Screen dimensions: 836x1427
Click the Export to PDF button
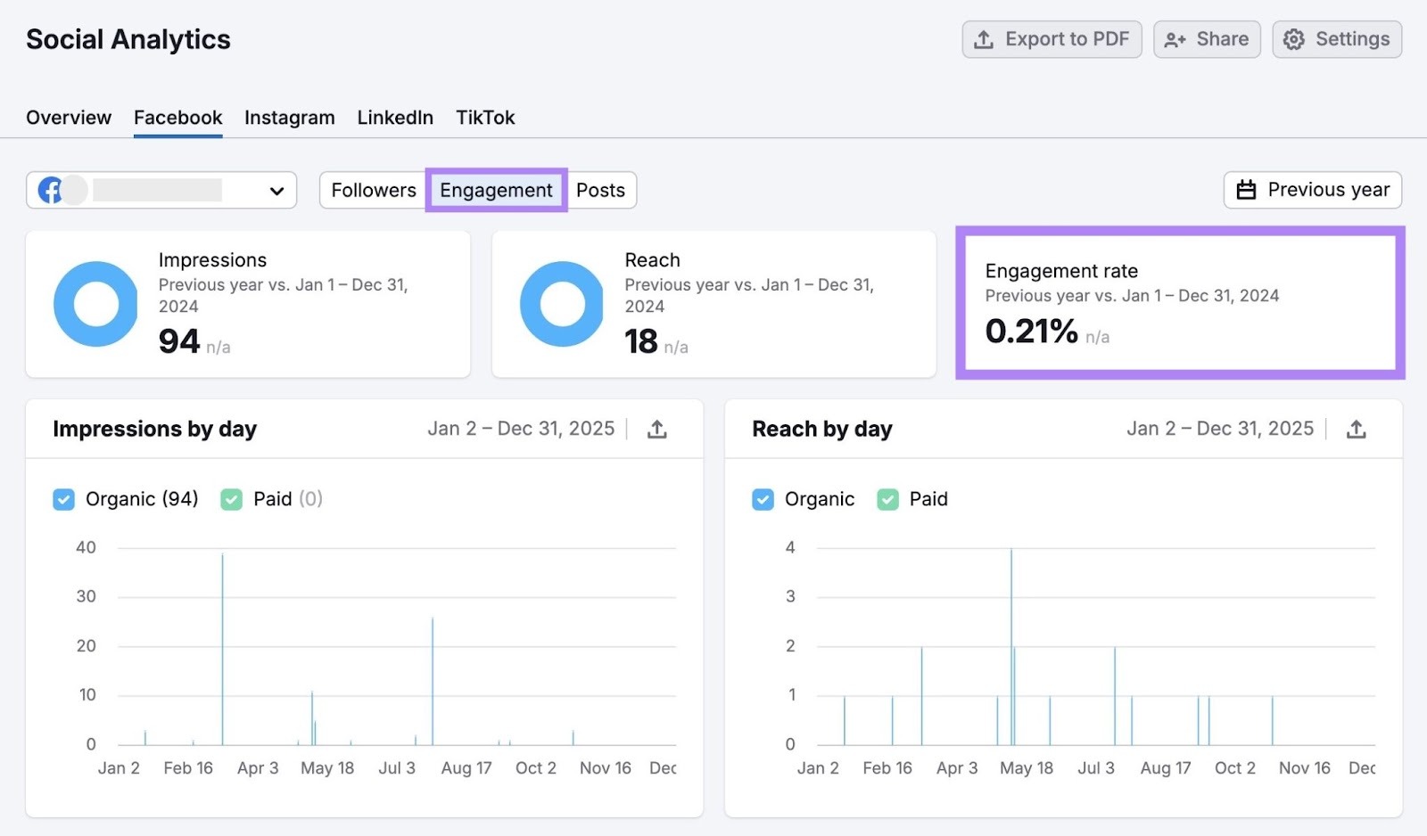click(x=1052, y=39)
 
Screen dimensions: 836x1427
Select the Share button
click(x=1207, y=39)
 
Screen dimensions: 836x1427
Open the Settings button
click(x=1337, y=39)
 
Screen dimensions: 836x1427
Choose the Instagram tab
click(x=290, y=118)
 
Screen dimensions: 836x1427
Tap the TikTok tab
click(x=485, y=118)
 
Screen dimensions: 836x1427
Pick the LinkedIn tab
click(x=395, y=118)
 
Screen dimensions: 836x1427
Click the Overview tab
click(x=69, y=118)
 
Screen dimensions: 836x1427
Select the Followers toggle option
click(x=374, y=190)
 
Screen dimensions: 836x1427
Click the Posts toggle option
click(x=600, y=190)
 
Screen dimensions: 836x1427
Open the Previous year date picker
click(x=1312, y=190)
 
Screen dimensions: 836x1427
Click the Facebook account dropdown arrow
click(x=276, y=191)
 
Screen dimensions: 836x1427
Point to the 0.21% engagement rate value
click(x=1031, y=332)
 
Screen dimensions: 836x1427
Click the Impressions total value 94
click(x=179, y=341)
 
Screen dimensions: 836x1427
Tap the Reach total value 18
click(x=641, y=341)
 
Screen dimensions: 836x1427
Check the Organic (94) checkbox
click(x=64, y=499)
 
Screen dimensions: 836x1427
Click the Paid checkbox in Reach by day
click(x=887, y=499)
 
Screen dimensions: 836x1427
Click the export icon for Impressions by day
click(x=657, y=430)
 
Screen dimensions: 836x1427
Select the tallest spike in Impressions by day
click(x=222, y=624)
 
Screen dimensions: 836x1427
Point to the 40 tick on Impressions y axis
click(x=86, y=547)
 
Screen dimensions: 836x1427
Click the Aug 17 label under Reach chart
click(x=1165, y=768)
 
